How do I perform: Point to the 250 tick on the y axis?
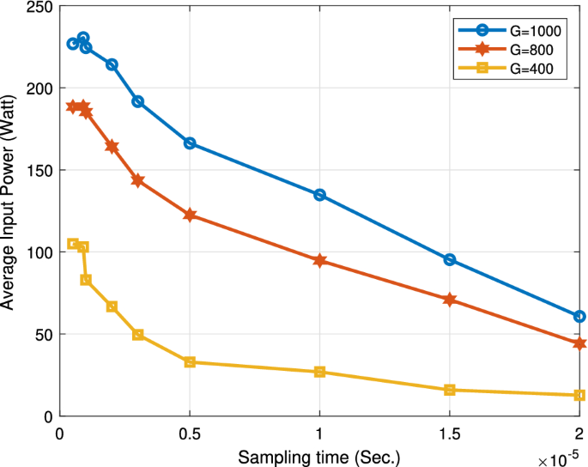tap(39, 8)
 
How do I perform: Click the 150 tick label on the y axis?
tap(39, 170)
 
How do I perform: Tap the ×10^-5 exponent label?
tap(561, 458)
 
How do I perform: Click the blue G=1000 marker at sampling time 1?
tap(319, 195)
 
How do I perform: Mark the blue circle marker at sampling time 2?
tap(579, 317)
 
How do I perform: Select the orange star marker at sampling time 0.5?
tap(190, 215)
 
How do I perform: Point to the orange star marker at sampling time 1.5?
tap(450, 300)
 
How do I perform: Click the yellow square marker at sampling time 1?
tap(319, 372)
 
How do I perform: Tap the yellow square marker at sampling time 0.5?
tap(190, 362)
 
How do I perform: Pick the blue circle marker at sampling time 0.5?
tap(190, 143)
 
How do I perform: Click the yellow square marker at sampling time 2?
tap(579, 395)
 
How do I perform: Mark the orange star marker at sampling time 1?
tap(319, 260)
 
